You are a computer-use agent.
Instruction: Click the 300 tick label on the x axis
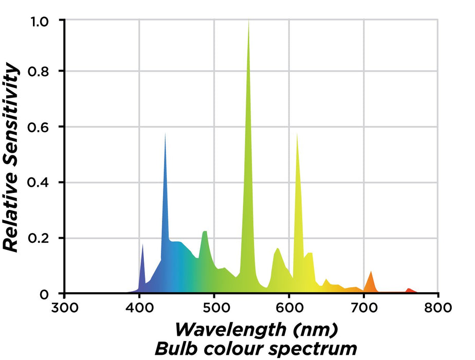[x=64, y=309]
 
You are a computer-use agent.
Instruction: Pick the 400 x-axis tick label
[x=139, y=309]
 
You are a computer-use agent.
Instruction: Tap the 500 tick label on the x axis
[x=214, y=309]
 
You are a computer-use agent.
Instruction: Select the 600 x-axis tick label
[x=288, y=309]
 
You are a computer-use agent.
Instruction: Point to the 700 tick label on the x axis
[x=363, y=309]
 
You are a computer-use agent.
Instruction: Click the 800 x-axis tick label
[x=438, y=309]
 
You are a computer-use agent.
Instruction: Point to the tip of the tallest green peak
[x=249, y=21]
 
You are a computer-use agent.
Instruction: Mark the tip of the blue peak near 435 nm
[x=165, y=133]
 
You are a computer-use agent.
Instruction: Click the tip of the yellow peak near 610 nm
[x=297, y=133]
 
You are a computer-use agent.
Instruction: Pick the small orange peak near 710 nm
[x=370, y=272]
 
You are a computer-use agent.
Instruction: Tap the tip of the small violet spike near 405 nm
[x=142, y=244]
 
